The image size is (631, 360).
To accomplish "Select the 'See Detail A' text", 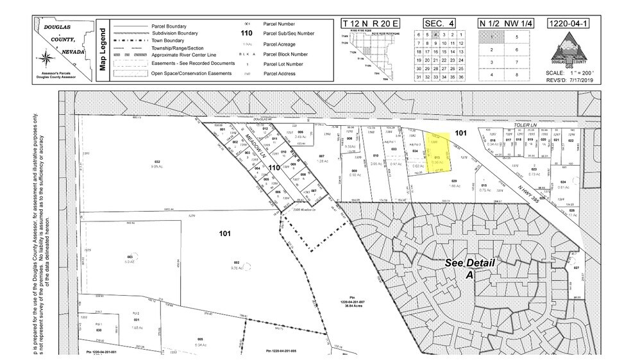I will [x=461, y=268].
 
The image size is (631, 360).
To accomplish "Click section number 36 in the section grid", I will [x=459, y=76].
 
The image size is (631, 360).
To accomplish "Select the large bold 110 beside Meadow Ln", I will [x=274, y=167].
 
